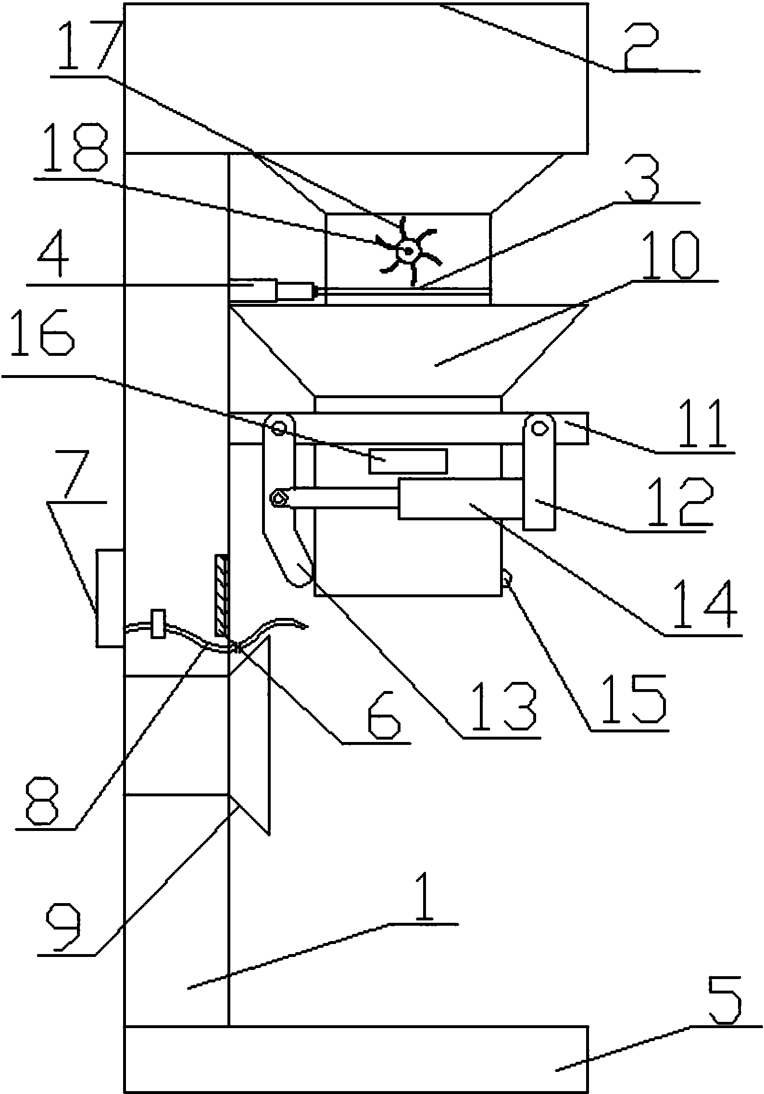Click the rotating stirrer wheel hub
(x=408, y=250)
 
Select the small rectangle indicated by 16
(x=408, y=461)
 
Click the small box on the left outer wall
(x=110, y=599)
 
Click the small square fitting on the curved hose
(x=158, y=624)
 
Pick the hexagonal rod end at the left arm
(x=278, y=498)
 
